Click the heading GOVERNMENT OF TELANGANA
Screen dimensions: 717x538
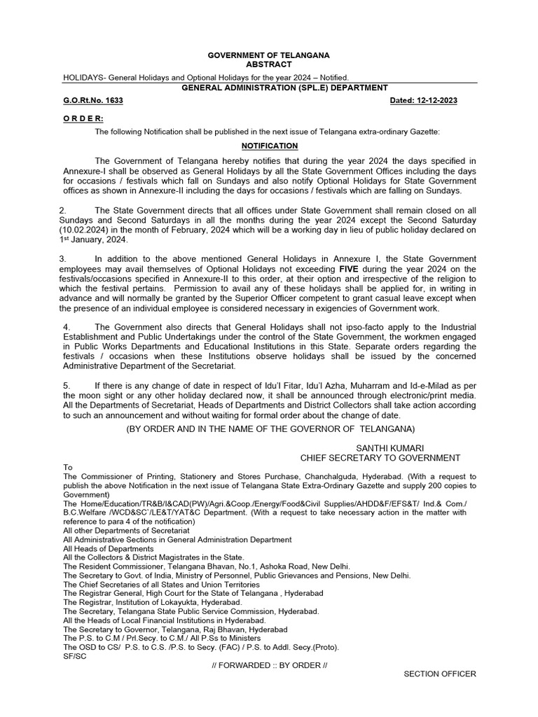[269, 55]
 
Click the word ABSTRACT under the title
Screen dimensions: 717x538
[269, 64]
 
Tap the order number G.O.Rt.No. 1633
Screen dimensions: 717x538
[93, 101]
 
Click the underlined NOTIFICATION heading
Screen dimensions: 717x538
[270, 146]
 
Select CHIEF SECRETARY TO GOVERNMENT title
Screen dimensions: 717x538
[380, 458]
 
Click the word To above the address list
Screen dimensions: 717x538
[68, 467]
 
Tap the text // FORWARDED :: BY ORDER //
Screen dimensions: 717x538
[269, 665]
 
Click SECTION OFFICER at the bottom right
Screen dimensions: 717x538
[440, 674]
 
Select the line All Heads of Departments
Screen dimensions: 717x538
[108, 549]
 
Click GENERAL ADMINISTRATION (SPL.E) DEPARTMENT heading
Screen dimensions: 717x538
[284, 88]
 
